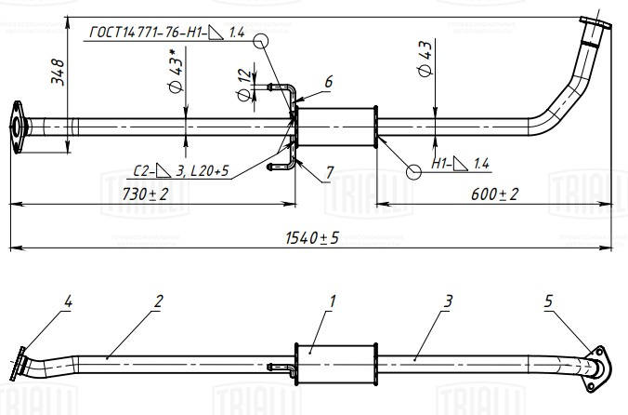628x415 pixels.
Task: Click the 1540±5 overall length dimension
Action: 312,238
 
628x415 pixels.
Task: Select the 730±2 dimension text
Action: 145,194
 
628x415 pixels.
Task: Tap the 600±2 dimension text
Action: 494,194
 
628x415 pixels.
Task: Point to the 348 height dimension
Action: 58,72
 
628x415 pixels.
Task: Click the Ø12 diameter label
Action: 244,85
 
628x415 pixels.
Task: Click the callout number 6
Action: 329,82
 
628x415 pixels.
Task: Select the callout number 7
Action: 329,173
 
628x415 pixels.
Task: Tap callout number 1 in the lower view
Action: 332,301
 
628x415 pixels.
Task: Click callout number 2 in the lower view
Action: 159,301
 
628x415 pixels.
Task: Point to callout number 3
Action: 448,301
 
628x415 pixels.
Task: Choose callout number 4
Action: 68,301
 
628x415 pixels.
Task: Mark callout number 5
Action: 548,301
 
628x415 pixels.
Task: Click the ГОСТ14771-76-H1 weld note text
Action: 166,33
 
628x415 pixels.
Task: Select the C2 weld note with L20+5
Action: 181,171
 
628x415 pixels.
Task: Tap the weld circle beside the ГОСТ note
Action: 261,41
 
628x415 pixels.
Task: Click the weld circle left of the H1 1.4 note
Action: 413,172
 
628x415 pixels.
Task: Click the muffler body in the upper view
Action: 336,127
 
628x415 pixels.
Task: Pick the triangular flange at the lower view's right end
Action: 597,368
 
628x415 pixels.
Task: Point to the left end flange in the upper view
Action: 17,127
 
